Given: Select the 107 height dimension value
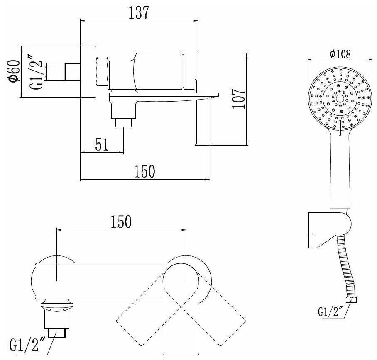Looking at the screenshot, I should click(238, 99).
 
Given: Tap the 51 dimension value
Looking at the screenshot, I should click(101, 145).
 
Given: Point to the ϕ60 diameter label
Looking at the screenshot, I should click(14, 72).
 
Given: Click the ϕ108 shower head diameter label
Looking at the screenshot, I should click(340, 54).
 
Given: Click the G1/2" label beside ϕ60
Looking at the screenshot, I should click(37, 72).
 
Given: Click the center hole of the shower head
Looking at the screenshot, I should click(340, 99).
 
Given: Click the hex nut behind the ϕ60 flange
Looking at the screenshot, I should click(102, 71).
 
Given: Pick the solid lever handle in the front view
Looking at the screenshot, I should click(182, 307).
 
